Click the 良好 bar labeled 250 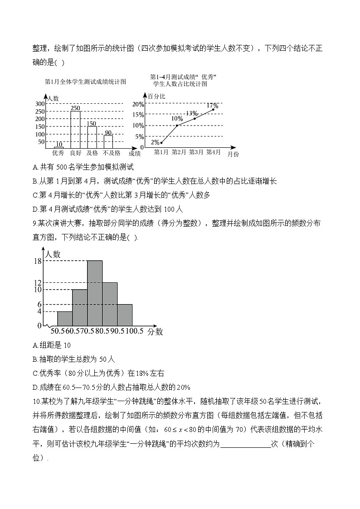click(x=75, y=130)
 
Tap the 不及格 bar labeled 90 click(x=108, y=141)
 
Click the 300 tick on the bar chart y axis click(x=39, y=104)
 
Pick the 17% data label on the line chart click(x=212, y=106)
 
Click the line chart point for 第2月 click(x=177, y=125)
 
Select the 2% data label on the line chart click(x=155, y=142)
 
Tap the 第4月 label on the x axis click(x=213, y=152)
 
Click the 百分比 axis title click(x=156, y=96)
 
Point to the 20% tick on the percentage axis click(x=138, y=104)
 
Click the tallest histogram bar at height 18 click(x=95, y=293)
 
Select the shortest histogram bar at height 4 click(x=65, y=318)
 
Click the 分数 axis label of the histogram click(x=155, y=332)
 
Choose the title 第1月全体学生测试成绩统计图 click(x=85, y=82)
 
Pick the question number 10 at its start click(x=37, y=402)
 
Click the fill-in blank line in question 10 click(x=245, y=445)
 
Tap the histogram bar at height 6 click(x=125, y=315)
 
